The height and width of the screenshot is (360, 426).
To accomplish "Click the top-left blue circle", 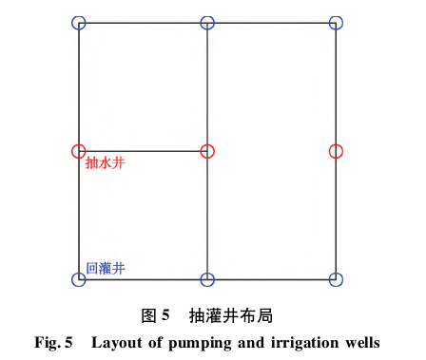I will point(79,22).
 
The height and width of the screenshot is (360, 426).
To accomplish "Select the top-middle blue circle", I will point(207,22).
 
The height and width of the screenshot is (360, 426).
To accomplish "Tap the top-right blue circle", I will point(336,22).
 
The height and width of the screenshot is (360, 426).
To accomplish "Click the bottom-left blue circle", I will point(79,279).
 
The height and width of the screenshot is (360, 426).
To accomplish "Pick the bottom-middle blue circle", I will point(207,279).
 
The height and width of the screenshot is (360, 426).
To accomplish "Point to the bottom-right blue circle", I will point(336,279).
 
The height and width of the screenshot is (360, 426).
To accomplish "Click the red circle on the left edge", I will point(79,151).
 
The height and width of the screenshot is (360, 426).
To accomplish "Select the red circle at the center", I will point(207,151).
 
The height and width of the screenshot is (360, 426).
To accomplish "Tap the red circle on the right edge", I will point(336,151).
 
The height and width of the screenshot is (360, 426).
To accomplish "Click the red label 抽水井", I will point(105,163).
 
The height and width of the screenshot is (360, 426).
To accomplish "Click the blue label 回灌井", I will point(105,269).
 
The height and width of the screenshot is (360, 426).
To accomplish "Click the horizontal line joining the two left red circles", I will point(143,151).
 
